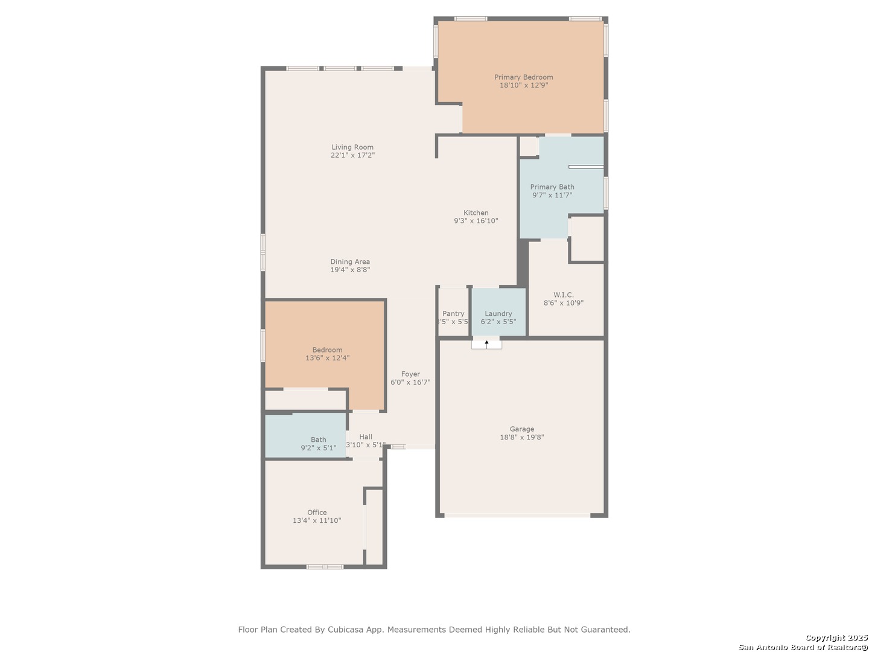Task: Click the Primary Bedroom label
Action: pos(523,77)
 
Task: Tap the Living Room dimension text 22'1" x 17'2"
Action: pos(352,155)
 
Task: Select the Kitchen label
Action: pos(476,213)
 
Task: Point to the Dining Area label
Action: pos(350,261)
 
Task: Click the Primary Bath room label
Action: pos(552,187)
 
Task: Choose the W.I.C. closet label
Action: pos(564,295)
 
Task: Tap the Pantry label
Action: pos(453,313)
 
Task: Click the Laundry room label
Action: pos(498,313)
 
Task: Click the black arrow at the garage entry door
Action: pos(486,344)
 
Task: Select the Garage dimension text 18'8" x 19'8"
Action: pos(522,437)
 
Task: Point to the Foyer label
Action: pos(410,374)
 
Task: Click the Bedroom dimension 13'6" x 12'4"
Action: pos(327,358)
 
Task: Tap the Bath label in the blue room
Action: pos(318,439)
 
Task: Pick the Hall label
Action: pos(366,436)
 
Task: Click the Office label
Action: pos(317,513)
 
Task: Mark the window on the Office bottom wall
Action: pos(325,567)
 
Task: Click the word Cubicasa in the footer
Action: pos(345,630)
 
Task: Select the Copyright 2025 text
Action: pos(836,638)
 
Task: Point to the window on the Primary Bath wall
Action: pos(606,193)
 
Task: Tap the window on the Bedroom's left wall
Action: pos(263,345)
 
